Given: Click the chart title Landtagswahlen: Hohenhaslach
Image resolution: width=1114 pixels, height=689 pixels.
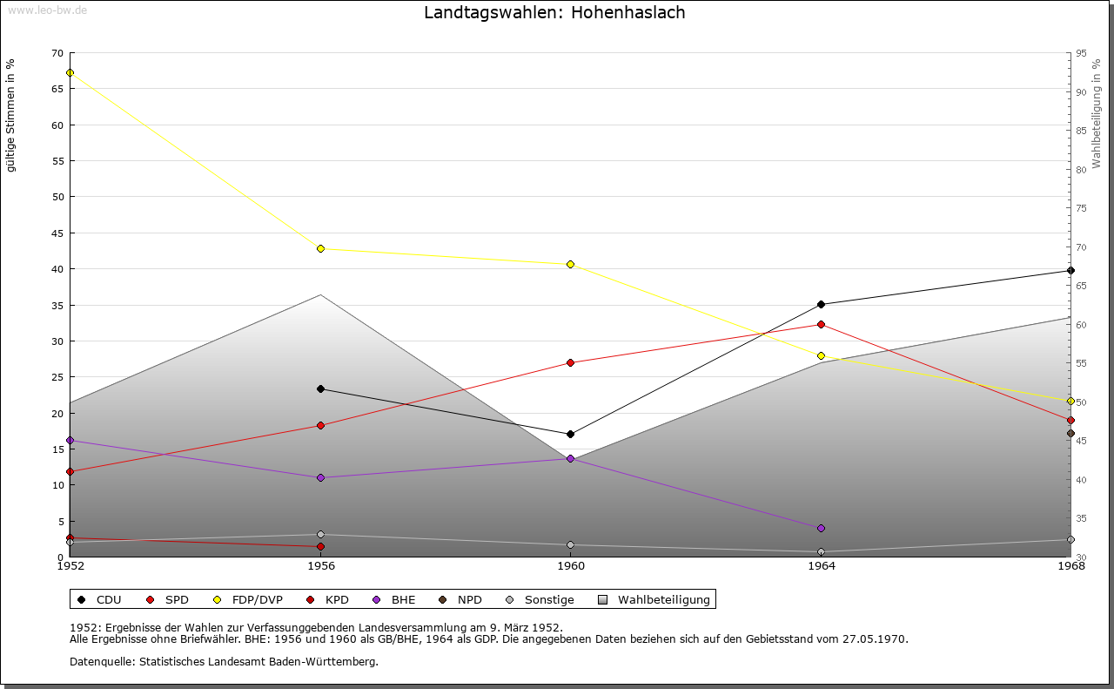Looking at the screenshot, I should (x=554, y=13).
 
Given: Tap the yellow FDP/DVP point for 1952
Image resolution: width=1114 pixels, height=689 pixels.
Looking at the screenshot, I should (x=70, y=72).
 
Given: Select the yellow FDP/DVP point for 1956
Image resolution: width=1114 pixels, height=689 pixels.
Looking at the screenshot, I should (x=320, y=249).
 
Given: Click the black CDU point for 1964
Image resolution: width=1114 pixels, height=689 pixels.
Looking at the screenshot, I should (x=821, y=304).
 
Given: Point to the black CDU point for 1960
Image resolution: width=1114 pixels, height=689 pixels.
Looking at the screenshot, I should (x=570, y=434).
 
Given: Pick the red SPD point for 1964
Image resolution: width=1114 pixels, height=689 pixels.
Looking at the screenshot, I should (x=821, y=324).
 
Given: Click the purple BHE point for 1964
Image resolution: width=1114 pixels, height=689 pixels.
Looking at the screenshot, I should (x=821, y=528).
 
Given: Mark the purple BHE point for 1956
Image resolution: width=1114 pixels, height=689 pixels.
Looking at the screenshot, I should (x=320, y=477).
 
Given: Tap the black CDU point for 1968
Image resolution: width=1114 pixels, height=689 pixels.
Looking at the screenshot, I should (x=1070, y=270).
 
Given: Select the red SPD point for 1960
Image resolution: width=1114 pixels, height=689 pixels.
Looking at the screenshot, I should (x=570, y=362).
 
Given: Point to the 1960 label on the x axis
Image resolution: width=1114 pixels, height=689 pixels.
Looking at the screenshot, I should (x=570, y=566).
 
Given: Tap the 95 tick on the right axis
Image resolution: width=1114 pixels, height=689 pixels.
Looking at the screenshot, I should (x=1080, y=53).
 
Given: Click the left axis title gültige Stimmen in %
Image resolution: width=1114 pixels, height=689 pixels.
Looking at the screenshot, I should (x=11, y=116).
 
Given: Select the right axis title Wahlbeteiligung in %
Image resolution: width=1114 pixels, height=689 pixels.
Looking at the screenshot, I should (x=1097, y=113).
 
